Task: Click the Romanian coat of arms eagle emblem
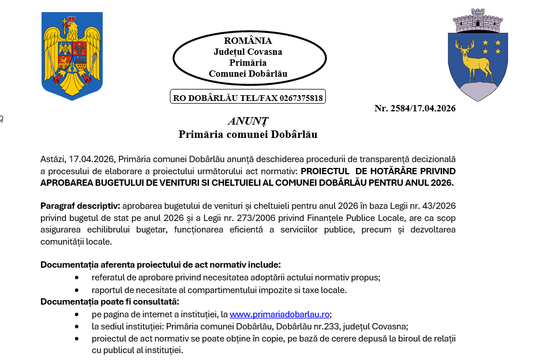pyautogui.click(x=73, y=55)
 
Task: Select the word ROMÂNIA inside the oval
pyautogui.click(x=248, y=40)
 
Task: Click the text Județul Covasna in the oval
pyautogui.click(x=248, y=51)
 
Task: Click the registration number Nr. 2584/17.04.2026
pyautogui.click(x=415, y=108)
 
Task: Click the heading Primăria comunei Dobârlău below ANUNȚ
pyautogui.click(x=248, y=134)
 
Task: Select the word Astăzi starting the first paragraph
pyautogui.click(x=52, y=159)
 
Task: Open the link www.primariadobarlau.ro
pyautogui.click(x=279, y=314)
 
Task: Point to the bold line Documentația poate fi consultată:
pyautogui.click(x=110, y=302)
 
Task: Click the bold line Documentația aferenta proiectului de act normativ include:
pyautogui.click(x=160, y=265)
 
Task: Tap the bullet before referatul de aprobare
pyautogui.click(x=77, y=277)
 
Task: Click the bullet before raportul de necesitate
pyautogui.click(x=77, y=290)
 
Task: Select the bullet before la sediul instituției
pyautogui.click(x=77, y=327)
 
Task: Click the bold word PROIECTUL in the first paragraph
pyautogui.click(x=325, y=171)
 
